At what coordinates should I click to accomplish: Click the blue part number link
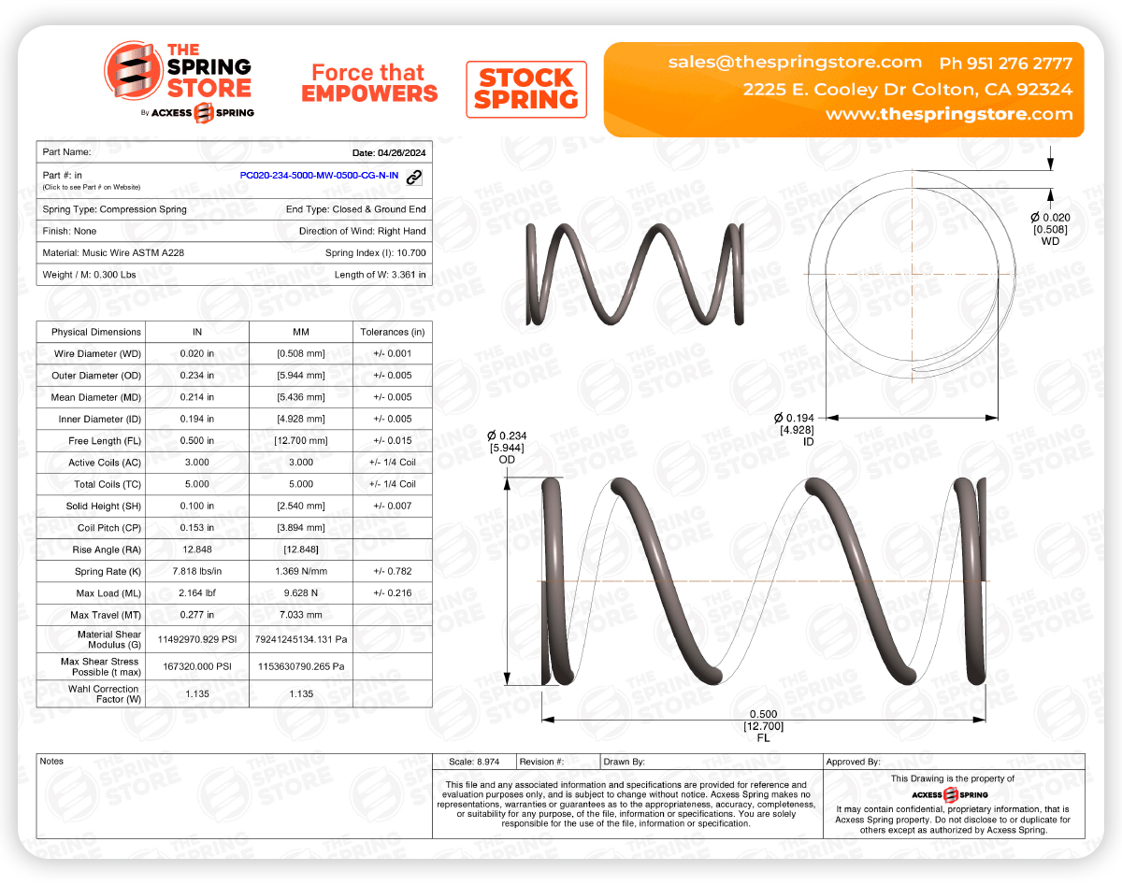[x=319, y=176]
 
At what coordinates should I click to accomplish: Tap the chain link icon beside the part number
[x=414, y=177]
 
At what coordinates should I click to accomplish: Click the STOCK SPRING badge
[x=526, y=90]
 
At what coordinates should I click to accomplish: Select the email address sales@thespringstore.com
[x=795, y=63]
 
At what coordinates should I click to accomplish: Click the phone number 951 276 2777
[x=1021, y=64]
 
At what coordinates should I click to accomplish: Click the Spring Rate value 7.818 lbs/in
[x=197, y=571]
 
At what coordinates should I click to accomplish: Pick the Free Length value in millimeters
[x=300, y=441]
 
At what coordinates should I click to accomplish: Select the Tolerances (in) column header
[x=392, y=332]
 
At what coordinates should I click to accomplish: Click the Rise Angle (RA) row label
[x=96, y=550]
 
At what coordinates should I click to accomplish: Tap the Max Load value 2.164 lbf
[x=197, y=593]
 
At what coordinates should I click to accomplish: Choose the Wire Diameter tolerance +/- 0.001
[x=392, y=354]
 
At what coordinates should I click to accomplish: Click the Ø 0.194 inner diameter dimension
[x=794, y=417]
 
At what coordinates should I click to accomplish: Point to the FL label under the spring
[x=763, y=738]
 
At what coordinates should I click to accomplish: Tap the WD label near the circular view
[x=1050, y=241]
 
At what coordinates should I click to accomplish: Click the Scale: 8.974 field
[x=474, y=762]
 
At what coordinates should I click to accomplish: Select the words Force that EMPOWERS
[x=369, y=83]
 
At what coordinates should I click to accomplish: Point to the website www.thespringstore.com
[x=948, y=114]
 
